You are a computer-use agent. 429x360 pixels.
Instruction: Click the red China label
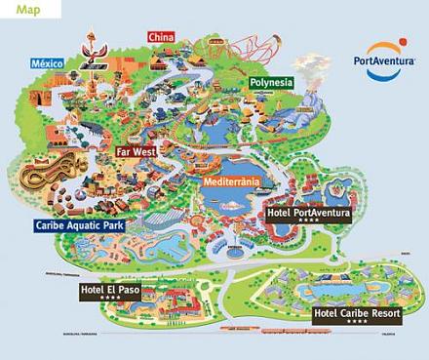point(161,37)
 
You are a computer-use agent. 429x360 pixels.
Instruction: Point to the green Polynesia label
point(270,83)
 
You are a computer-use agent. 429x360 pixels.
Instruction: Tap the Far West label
point(136,152)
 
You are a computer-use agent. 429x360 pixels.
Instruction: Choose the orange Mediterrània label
point(233,181)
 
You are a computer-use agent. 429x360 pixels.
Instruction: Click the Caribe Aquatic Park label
point(85,224)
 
